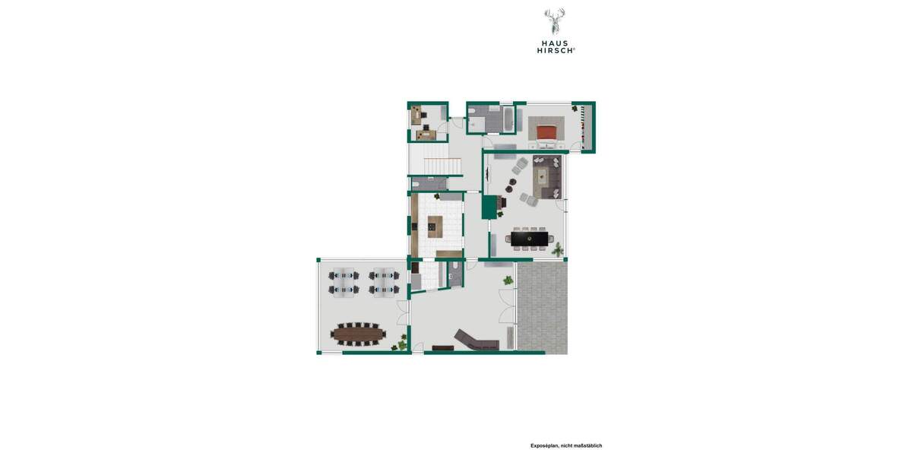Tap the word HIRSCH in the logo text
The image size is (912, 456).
[554, 50]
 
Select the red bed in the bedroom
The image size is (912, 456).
[548, 131]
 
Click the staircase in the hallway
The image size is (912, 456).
[440, 166]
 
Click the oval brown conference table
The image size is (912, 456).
[358, 332]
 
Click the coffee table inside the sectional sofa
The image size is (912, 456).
[543, 176]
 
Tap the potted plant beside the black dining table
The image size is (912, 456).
[558, 249]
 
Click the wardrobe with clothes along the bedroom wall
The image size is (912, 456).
[584, 126]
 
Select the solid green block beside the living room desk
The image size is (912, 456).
[489, 207]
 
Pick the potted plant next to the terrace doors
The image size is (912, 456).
[508, 281]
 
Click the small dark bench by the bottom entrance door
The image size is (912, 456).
[442, 348]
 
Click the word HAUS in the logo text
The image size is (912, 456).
[554, 43]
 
